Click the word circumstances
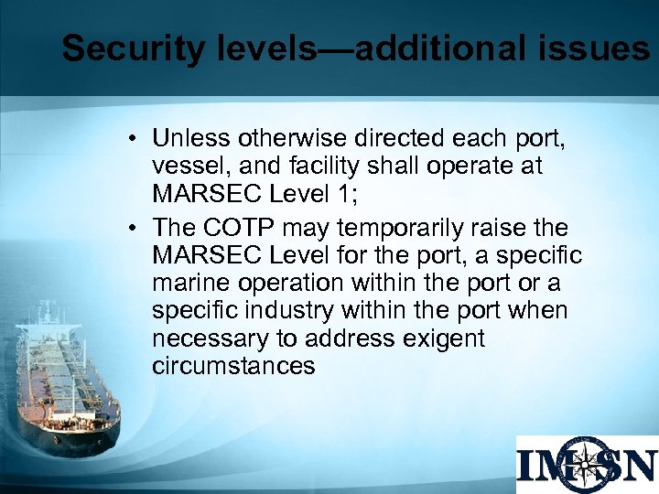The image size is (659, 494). pos(233,368)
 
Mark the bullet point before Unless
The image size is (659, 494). pos(134,140)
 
